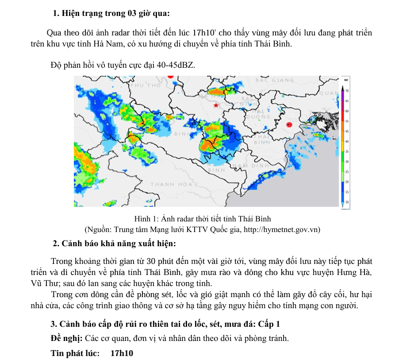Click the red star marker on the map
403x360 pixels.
point(215,105)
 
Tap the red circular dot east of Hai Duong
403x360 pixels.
point(289,125)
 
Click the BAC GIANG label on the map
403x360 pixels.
point(274,80)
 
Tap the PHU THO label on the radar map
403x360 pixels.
point(146,85)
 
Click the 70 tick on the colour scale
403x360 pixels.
point(347,90)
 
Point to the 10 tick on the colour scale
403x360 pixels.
point(347,201)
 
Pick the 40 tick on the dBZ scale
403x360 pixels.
point(347,141)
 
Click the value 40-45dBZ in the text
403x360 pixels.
point(175,65)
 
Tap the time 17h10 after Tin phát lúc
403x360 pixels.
point(122,353)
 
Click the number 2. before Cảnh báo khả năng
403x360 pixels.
point(56,244)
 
